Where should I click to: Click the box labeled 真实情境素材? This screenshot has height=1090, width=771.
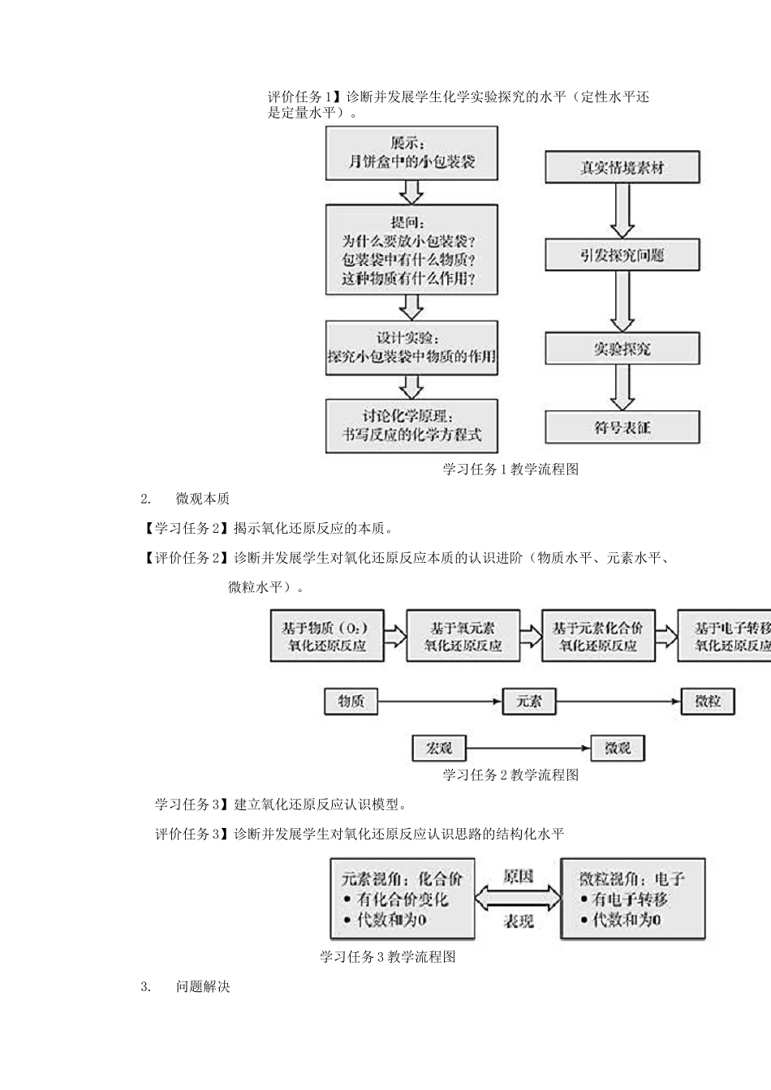click(x=622, y=168)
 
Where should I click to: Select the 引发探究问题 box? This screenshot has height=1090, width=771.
click(x=622, y=255)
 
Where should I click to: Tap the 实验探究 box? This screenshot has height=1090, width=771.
click(x=622, y=349)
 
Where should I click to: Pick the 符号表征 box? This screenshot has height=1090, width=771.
click(x=622, y=427)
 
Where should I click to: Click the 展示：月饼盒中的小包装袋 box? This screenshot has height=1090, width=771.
click(x=411, y=153)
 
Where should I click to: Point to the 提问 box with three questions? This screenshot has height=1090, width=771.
click(x=411, y=250)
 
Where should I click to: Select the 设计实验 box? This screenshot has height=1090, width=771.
click(x=411, y=348)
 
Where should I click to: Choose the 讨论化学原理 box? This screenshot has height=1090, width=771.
click(x=411, y=425)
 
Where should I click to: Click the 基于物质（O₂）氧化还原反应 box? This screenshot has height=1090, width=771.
click(x=326, y=636)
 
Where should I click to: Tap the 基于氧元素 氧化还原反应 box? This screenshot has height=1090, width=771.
click(x=463, y=636)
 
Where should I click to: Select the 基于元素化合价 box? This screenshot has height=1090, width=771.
click(x=597, y=636)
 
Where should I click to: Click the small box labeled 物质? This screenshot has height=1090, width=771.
click(x=351, y=702)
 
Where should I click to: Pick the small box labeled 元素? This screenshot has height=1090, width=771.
click(x=528, y=702)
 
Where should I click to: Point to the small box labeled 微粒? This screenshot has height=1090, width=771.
click(x=708, y=702)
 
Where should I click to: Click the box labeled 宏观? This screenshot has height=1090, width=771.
click(x=439, y=748)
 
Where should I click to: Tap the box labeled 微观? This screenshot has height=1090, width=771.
click(x=618, y=748)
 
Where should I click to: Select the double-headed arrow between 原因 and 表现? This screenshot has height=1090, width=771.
click(x=518, y=899)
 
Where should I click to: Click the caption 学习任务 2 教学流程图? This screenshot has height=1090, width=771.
click(x=510, y=775)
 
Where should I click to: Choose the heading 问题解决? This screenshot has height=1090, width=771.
click(x=203, y=987)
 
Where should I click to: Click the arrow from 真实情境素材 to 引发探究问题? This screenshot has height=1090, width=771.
click(x=622, y=210)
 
